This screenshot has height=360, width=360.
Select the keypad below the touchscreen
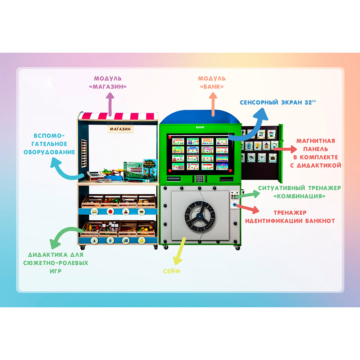pos(199,179)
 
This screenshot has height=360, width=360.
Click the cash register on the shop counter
pos(93,176)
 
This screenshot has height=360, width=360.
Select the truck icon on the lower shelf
pos(126,240)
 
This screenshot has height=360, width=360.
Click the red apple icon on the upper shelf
pos(110,211)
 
